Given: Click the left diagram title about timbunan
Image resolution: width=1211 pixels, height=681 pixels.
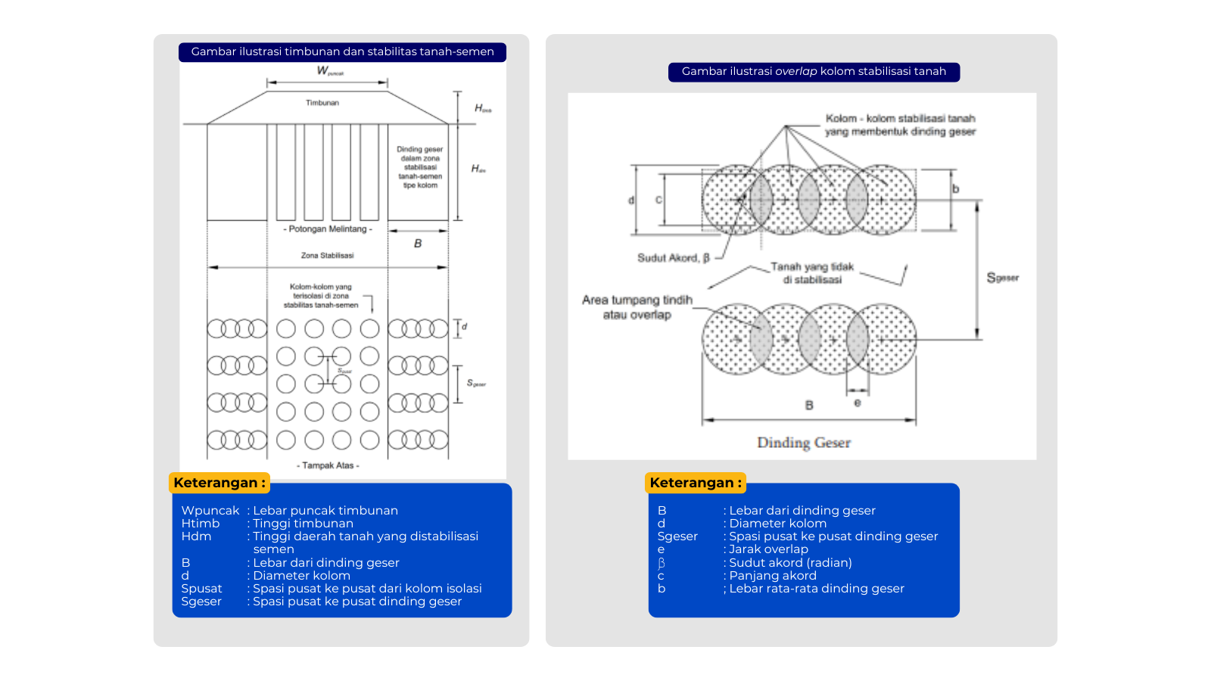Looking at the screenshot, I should [x=342, y=51].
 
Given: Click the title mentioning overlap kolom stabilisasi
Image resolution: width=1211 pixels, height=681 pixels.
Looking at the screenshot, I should [x=814, y=71].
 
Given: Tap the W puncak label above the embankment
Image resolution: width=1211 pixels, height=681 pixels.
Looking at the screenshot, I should [x=328, y=71].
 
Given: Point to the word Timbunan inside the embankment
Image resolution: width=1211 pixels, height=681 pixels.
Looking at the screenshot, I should [x=322, y=103].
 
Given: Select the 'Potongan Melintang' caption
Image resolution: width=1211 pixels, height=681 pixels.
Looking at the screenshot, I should [x=328, y=229].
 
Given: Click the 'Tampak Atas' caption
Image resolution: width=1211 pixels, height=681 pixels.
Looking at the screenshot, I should [x=328, y=465].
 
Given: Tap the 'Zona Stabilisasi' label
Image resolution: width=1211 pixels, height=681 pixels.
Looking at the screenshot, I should [x=327, y=256].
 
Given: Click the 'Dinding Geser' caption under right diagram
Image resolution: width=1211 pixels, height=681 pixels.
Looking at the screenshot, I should [x=804, y=443].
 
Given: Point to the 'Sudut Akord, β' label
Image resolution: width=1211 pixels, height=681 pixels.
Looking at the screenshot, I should [x=674, y=258].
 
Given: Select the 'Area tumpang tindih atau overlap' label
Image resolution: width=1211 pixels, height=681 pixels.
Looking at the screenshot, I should [x=637, y=307].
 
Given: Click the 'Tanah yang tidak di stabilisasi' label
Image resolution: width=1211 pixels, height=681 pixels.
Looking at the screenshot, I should [x=812, y=273].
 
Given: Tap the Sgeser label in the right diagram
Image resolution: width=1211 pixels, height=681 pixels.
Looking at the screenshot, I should [x=1002, y=278].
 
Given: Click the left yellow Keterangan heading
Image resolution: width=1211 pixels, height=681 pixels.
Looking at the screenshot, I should [x=219, y=483].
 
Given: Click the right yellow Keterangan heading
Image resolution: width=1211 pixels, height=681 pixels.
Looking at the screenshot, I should [x=696, y=483].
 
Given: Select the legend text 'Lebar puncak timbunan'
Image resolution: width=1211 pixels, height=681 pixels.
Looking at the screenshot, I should [x=325, y=511].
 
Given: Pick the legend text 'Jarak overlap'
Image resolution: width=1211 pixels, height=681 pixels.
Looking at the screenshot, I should [x=768, y=549].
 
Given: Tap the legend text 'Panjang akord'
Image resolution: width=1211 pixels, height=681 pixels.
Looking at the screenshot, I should [x=773, y=576].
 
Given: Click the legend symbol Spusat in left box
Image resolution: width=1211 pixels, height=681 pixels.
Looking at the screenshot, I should [x=201, y=589].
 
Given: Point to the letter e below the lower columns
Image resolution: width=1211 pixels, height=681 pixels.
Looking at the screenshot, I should [x=857, y=403].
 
